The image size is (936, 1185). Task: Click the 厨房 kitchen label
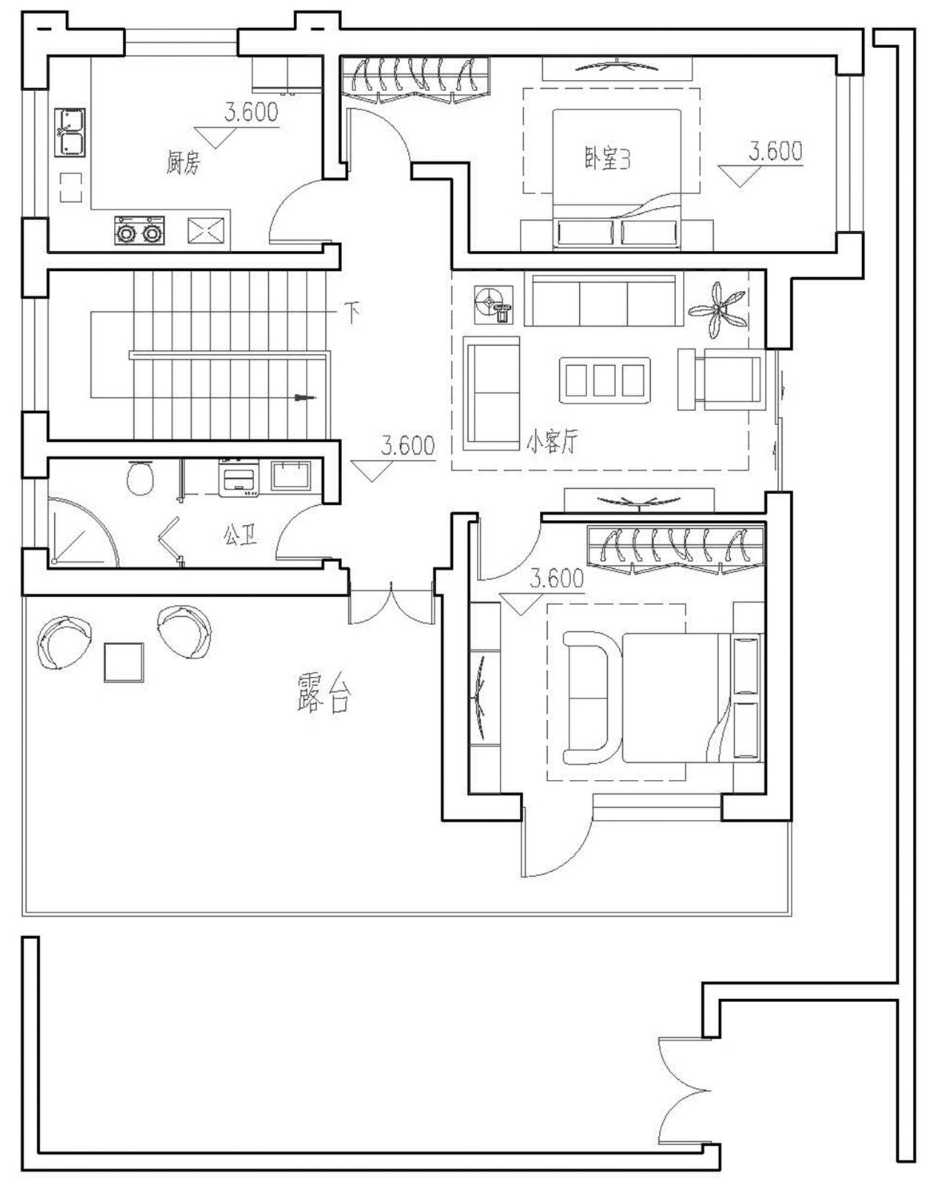click(x=183, y=161)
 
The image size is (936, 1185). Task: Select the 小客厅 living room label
click(x=552, y=441)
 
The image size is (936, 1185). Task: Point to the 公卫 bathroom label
click(x=240, y=534)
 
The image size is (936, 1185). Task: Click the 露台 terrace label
click(x=324, y=693)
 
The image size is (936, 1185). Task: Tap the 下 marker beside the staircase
click(x=352, y=312)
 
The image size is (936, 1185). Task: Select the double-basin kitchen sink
click(x=70, y=133)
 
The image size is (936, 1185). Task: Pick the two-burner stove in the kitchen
click(x=139, y=231)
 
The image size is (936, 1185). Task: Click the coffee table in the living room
click(x=604, y=380)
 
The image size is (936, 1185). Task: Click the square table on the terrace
click(x=124, y=662)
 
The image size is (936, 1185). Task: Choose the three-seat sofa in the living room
click(x=604, y=301)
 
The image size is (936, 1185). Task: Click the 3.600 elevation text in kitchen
click(x=251, y=113)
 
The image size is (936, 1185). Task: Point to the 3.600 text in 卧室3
click(x=775, y=152)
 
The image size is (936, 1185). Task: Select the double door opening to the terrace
click(x=391, y=604)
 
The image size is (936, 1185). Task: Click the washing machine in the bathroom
click(x=238, y=478)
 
